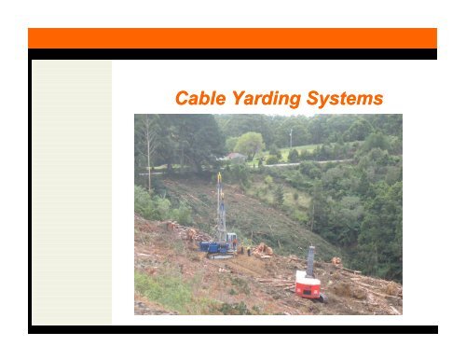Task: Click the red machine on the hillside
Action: (308, 284)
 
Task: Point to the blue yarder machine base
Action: (217, 247)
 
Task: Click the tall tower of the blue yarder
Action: (221, 210)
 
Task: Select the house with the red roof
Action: (237, 159)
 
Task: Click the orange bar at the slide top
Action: (232, 37)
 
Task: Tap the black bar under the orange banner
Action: (232, 54)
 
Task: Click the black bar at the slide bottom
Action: (232, 328)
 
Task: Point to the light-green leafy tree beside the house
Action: (250, 144)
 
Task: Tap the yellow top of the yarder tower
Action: (221, 177)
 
